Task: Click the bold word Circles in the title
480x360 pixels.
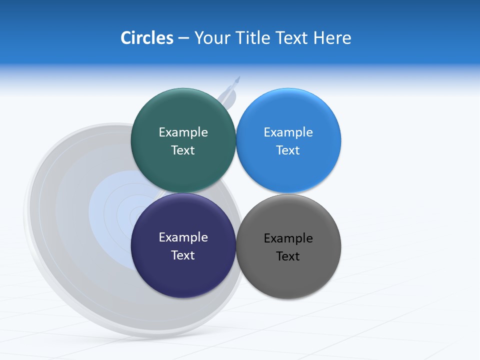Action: pyautogui.click(x=146, y=38)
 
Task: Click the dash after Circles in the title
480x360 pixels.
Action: pyautogui.click(x=183, y=38)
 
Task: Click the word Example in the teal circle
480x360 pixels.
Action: pyautogui.click(x=183, y=132)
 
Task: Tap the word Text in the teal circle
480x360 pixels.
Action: pyautogui.click(x=183, y=150)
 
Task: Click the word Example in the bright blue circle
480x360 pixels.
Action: pyautogui.click(x=288, y=132)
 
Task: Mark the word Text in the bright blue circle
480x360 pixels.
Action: pyautogui.click(x=288, y=150)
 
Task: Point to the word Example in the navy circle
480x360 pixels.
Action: pyautogui.click(x=183, y=237)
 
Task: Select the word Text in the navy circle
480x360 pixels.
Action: pyautogui.click(x=183, y=255)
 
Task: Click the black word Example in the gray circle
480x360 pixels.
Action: pyautogui.click(x=288, y=238)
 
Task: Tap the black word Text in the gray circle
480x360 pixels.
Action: pyautogui.click(x=288, y=256)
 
